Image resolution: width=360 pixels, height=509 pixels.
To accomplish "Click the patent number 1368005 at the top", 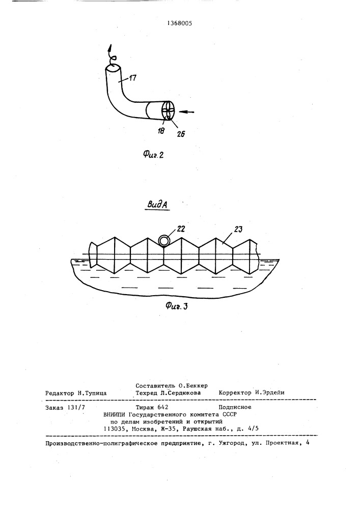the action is [x=180, y=23].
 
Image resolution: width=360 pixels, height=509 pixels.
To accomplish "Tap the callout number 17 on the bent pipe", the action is [x=132, y=78].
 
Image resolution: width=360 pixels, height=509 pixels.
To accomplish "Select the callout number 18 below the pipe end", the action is [x=161, y=130].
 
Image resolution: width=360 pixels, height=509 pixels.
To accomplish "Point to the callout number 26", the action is [x=181, y=133].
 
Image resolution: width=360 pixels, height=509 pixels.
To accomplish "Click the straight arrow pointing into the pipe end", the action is [x=187, y=112].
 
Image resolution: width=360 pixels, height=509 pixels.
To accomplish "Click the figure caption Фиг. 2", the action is [x=153, y=155].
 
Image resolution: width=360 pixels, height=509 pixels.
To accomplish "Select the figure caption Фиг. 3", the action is [x=176, y=305].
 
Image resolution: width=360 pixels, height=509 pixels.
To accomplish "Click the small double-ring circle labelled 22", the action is [x=164, y=240].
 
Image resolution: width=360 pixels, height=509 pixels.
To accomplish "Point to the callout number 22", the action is [x=180, y=229].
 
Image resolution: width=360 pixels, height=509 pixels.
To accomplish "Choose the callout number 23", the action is [x=238, y=230].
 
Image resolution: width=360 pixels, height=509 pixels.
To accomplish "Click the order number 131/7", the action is [x=76, y=407].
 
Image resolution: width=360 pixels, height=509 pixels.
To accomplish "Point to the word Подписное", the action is [x=235, y=407].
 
